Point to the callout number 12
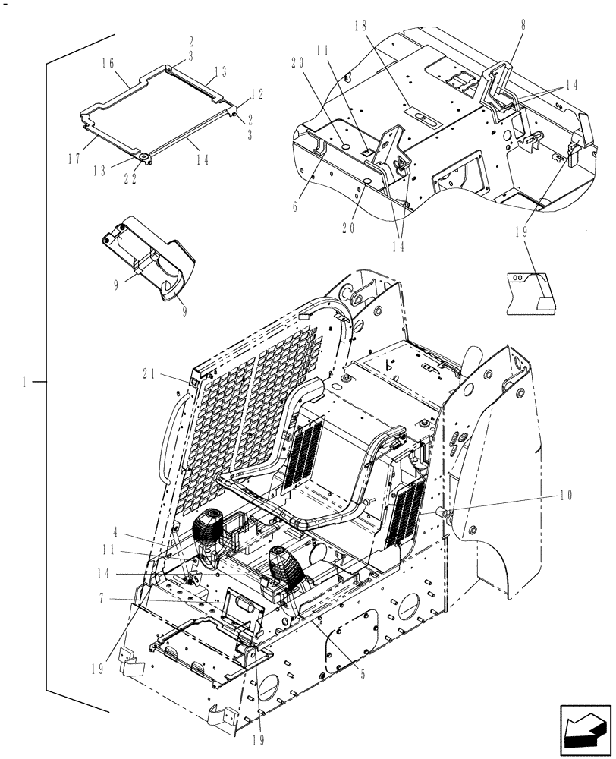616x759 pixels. [257, 94]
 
